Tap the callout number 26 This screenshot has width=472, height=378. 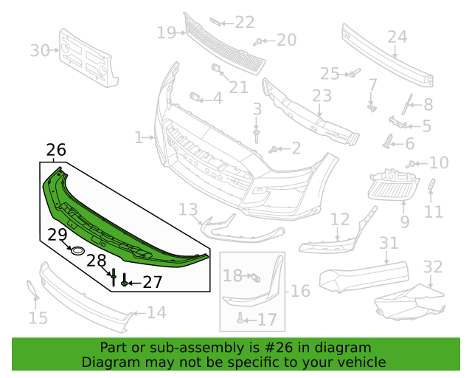pos(56,150)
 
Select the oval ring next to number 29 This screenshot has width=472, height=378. pos(77,250)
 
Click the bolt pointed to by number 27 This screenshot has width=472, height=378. pos(125,280)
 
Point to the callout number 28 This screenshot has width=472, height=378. pos(97,261)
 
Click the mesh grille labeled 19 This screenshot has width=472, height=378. pos(224,44)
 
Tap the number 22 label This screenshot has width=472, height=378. pos(244,22)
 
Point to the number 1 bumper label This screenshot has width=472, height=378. pos(139,137)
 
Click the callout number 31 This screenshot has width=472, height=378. pos(389,243)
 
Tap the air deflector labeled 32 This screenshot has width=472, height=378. pos(410,301)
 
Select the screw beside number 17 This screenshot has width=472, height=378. pos(240,317)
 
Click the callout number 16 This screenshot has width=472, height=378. pos(300,291)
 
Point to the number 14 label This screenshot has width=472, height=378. pos(156,312)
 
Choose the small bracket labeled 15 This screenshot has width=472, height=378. pos(32,289)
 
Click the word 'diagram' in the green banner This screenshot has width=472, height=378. pos(342,348)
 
